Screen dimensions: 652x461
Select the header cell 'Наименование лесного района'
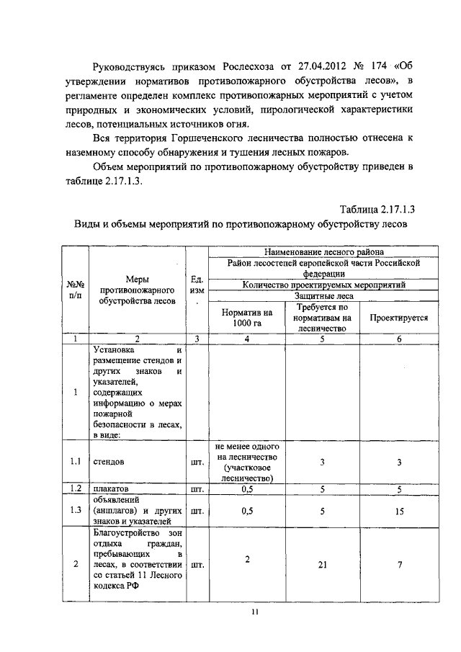click(x=313, y=252)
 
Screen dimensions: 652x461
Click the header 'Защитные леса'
click(x=313, y=295)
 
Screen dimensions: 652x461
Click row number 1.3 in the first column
click(x=75, y=510)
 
